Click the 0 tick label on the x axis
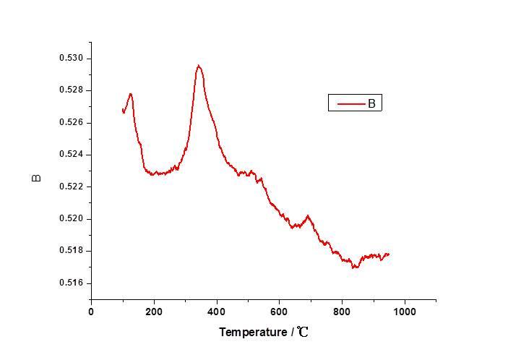[x=91, y=312]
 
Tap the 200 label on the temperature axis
[x=154, y=312]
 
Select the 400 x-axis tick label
[x=217, y=312]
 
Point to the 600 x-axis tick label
[x=280, y=312]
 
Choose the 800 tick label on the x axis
[x=342, y=312]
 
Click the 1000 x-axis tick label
[x=405, y=312]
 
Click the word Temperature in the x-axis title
[x=253, y=333]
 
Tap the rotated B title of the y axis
[x=38, y=178]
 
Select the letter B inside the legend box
[x=371, y=103]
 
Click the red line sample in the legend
[x=350, y=103]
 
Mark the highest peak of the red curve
[x=198, y=66]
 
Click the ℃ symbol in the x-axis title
[x=303, y=333]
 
